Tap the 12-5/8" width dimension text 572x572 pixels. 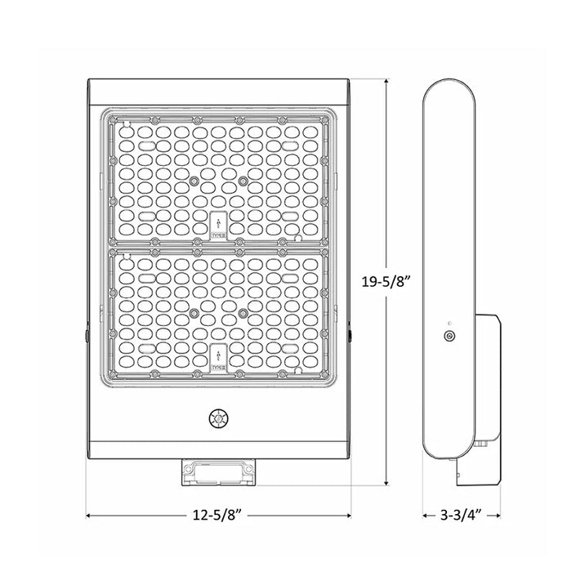[218, 515]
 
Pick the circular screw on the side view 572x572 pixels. [448, 336]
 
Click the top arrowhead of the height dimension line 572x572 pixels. [386, 82]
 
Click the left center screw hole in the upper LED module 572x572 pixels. [194, 181]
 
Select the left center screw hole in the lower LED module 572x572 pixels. [194, 312]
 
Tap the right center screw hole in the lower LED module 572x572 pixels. [243, 312]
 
